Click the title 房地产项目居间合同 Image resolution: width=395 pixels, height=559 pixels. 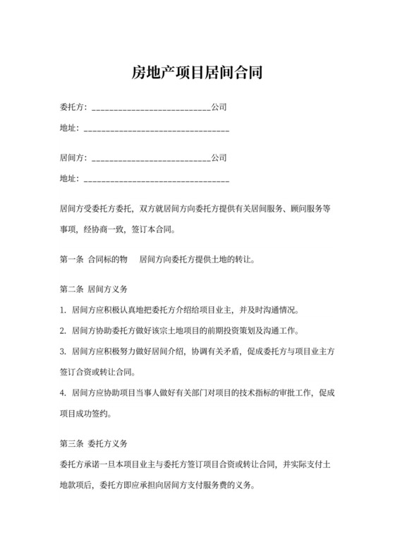click(197, 72)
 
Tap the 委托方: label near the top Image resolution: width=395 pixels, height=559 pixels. click(74, 107)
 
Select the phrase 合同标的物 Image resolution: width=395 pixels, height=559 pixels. click(108, 259)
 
